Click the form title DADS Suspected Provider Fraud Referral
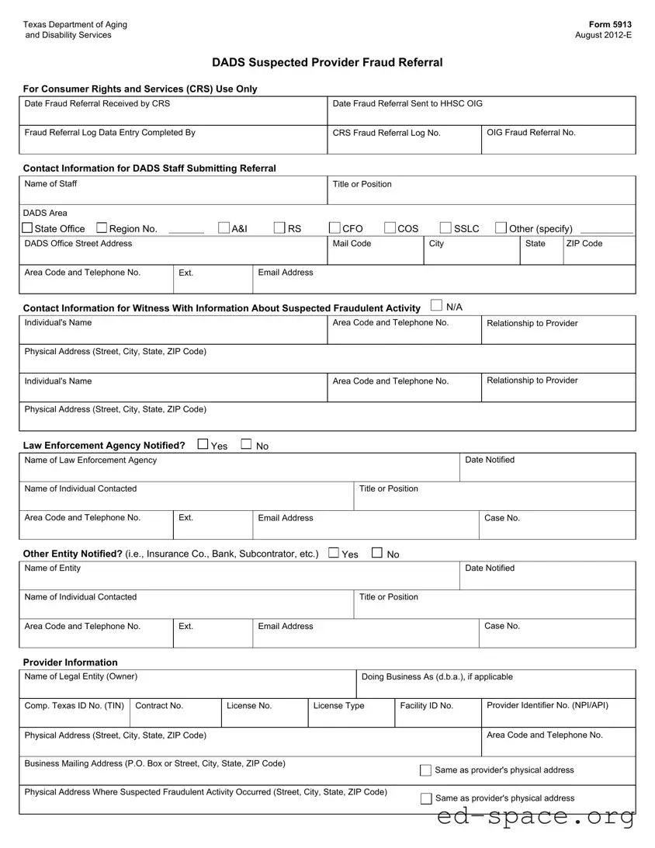[327, 63]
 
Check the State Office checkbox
[28, 228]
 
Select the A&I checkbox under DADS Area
[224, 228]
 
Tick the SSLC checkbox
[446, 228]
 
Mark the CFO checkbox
[334, 228]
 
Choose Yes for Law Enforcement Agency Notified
[203, 444]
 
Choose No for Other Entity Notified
[377, 553]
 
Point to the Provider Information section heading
[71, 662]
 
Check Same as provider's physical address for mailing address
[425, 770]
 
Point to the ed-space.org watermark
[535, 817]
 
